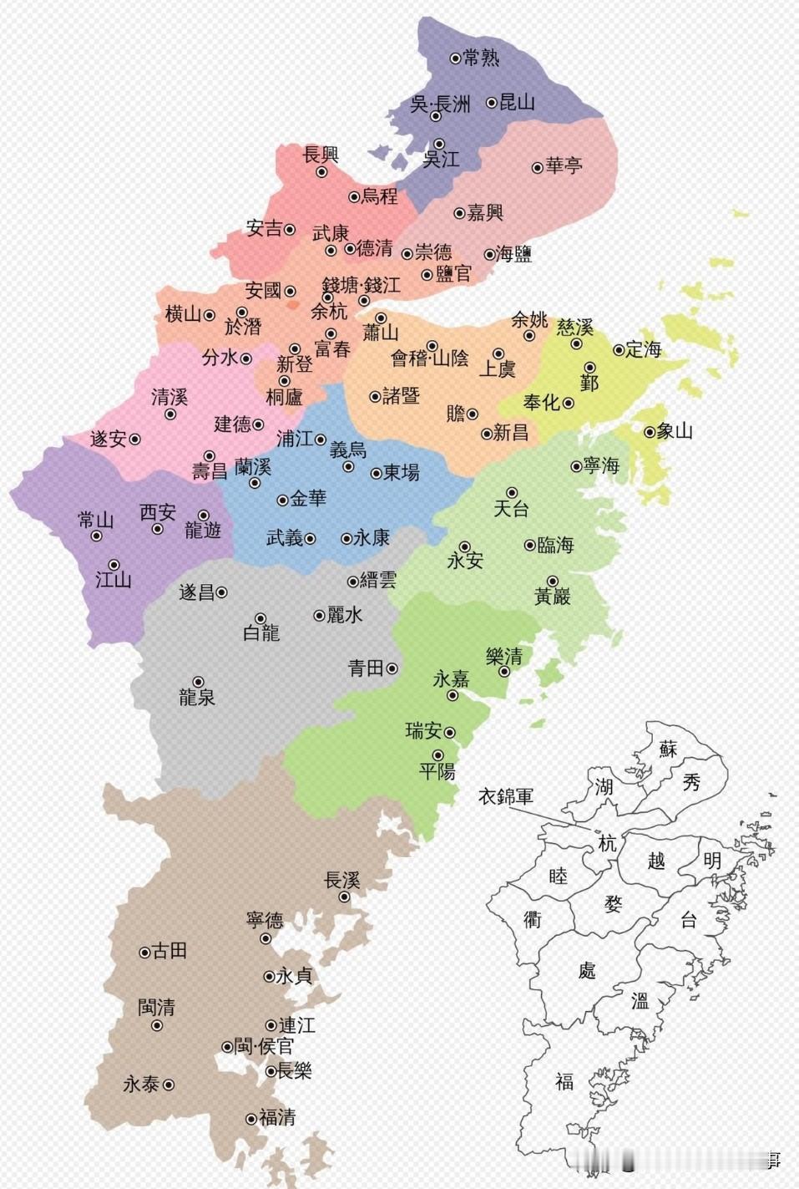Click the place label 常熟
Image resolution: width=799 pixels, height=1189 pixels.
tap(481, 58)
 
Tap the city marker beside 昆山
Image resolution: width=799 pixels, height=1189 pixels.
tap(492, 103)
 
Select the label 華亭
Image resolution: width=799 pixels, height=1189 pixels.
tap(564, 166)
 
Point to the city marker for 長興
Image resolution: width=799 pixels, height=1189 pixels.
tap(321, 172)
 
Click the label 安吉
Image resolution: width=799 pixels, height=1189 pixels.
tap(265, 228)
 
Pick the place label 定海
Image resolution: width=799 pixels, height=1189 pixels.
tap(644, 349)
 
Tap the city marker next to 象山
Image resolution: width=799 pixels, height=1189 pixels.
tap(649, 432)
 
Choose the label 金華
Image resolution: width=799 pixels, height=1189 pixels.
tap(308, 499)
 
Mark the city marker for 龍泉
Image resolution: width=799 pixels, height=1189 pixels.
tap(199, 682)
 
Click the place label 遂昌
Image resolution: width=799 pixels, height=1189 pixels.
tap(197, 592)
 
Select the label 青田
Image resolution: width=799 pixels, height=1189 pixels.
tap(366, 668)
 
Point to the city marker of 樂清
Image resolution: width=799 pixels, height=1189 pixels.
tap(504, 671)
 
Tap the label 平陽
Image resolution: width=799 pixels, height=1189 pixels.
tap(437, 771)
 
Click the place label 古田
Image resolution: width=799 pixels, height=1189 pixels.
tap(169, 951)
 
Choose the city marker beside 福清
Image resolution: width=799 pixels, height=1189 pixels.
tap(251, 1119)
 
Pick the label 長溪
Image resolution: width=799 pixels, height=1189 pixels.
tap(341, 880)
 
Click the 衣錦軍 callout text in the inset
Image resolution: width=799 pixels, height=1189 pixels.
tap(505, 796)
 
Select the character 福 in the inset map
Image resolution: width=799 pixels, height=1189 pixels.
tap(564, 1082)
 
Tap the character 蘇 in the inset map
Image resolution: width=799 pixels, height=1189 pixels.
tap(668, 748)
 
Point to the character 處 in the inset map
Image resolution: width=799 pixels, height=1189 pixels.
tap(587, 970)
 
